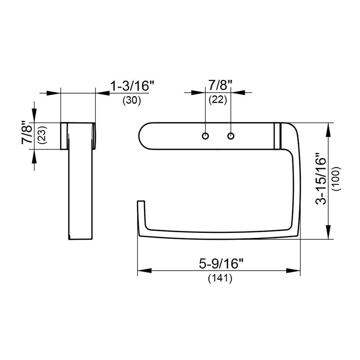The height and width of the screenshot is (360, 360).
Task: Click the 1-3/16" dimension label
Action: tap(131, 86)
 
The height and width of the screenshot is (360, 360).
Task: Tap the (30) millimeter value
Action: tap(131, 101)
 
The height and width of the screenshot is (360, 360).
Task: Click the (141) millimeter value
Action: tap(219, 279)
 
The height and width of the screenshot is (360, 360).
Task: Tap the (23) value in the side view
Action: tap(42, 136)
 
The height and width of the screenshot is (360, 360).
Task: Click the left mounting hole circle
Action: tap(205, 136)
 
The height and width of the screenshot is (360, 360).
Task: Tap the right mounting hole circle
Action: tap(231, 136)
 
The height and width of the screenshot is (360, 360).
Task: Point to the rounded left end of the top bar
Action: tap(143, 136)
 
